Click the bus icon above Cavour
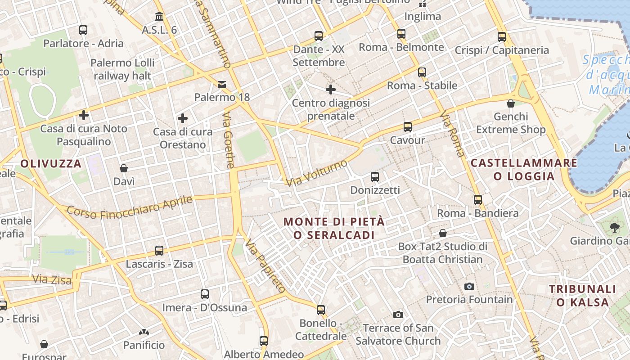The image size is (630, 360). click(407, 126)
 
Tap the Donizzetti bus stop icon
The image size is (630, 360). click(374, 176)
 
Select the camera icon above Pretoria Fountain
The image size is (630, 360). click(469, 286)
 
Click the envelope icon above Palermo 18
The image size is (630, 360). click(222, 84)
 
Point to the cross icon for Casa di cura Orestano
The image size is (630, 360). click(182, 118)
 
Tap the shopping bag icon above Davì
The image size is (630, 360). click(124, 168)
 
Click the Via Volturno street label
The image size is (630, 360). click(317, 172)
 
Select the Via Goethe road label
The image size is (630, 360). click(229, 140)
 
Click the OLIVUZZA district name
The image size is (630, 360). click(51, 163)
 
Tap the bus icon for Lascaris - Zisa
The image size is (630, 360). click(159, 250)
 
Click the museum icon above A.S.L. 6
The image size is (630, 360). click(159, 17)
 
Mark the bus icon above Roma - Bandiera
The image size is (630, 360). click(477, 199)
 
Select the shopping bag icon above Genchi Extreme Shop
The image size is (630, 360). click(510, 103)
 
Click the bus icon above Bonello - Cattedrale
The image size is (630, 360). click(320, 310)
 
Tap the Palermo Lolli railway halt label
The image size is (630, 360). click(122, 69)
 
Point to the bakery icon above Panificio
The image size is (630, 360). click(144, 332)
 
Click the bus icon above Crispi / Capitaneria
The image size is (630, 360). click(502, 37)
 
